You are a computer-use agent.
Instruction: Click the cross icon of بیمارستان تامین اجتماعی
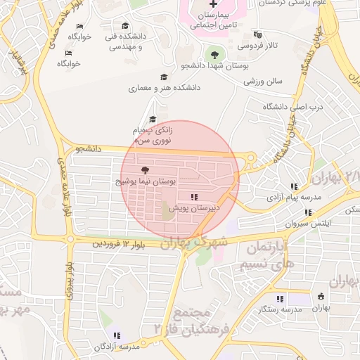click(214, 4)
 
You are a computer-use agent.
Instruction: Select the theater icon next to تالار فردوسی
click(257, 34)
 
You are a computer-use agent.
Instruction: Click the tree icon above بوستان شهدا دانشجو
click(214, 54)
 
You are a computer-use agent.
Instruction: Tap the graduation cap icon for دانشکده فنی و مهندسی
click(125, 26)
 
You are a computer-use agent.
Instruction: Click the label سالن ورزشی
click(263, 81)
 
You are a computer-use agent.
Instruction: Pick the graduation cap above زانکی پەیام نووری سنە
click(153, 119)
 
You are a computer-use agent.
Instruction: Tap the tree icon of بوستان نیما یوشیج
click(146, 170)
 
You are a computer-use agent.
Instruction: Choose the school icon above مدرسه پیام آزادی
click(294, 186)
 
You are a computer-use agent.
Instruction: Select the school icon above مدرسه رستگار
click(280, 299)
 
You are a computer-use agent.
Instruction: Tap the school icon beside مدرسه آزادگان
click(117, 335)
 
